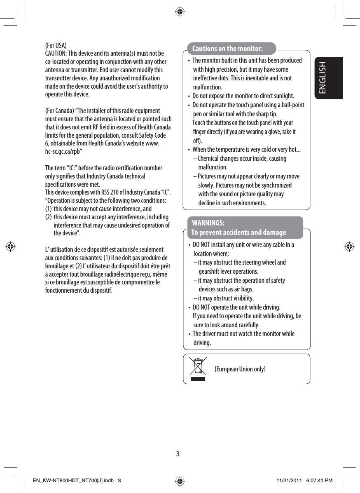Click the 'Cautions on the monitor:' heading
[227, 49]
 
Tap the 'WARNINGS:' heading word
[208, 223]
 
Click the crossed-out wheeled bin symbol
[198, 368]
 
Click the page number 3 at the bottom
[178, 454]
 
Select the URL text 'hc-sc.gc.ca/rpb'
[63, 151]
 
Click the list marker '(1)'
[48, 209]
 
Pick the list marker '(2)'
[48, 217]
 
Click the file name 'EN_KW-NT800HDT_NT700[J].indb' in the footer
[70, 481]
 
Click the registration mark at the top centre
[180, 12]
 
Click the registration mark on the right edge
[349, 247]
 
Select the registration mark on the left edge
[11, 247]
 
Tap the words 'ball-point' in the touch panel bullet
[291, 105]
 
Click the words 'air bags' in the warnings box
[243, 289]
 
